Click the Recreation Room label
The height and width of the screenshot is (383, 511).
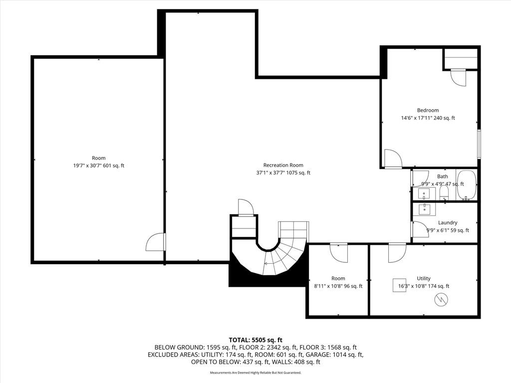(x=283, y=165)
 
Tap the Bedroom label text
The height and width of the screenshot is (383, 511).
(x=428, y=110)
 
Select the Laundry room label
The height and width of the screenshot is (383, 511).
(x=448, y=222)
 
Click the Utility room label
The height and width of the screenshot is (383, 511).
(x=424, y=278)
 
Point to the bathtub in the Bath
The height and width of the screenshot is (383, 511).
(x=467, y=185)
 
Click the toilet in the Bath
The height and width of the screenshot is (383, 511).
(x=444, y=193)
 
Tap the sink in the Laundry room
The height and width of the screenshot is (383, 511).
(x=424, y=209)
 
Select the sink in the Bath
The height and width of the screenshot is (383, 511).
(x=424, y=193)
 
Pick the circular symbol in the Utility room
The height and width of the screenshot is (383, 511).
(x=441, y=300)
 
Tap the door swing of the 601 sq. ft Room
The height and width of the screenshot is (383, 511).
(x=155, y=242)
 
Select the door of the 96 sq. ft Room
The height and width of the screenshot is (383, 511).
(x=339, y=253)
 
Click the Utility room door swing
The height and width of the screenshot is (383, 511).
(x=397, y=253)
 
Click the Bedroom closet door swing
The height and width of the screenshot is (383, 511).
(x=458, y=78)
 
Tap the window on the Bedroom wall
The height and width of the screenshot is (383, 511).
(x=479, y=144)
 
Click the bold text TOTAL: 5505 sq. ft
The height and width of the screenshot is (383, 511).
(x=255, y=340)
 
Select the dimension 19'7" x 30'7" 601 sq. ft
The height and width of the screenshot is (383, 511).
(x=99, y=166)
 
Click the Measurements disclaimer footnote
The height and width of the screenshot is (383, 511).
(x=255, y=373)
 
